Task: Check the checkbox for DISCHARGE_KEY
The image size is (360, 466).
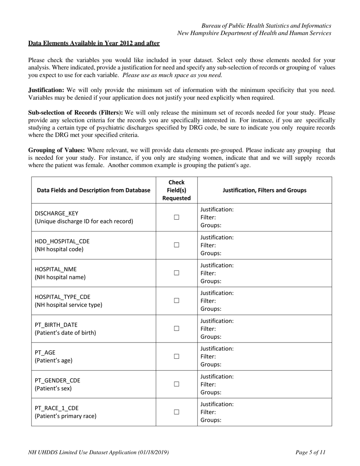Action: click(176, 217)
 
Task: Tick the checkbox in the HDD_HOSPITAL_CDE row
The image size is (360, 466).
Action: click(176, 245)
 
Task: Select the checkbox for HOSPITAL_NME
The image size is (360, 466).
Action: click(176, 273)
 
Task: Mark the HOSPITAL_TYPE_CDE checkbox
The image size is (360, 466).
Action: click(176, 301)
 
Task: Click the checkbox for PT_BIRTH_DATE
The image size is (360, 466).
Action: click(176, 328)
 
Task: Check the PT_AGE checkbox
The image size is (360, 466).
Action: click(176, 357)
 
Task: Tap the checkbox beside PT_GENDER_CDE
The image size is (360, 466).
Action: click(176, 384)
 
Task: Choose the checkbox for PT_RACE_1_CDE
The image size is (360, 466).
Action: click(176, 412)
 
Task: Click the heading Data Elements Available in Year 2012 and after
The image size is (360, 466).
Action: click(94, 43)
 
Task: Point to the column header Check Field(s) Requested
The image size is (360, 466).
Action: click(176, 190)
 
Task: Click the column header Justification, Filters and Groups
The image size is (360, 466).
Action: click(264, 190)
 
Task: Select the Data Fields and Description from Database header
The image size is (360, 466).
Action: click(94, 190)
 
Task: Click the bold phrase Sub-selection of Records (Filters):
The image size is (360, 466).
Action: click(75, 113)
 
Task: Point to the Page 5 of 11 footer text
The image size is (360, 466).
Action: click(310, 452)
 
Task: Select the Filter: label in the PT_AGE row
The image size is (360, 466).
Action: click(208, 357)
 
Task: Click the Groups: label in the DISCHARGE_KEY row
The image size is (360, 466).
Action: click(211, 225)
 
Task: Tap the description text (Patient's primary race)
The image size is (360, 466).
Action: click(66, 416)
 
